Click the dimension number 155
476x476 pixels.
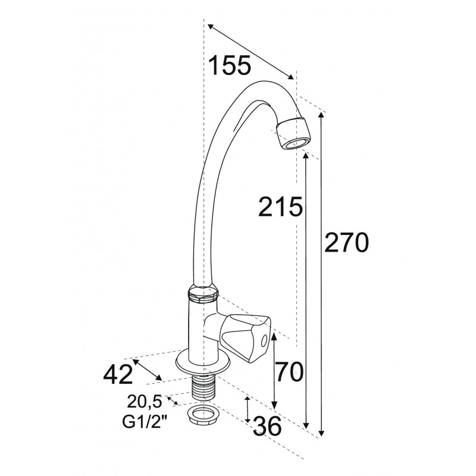coord(230,65)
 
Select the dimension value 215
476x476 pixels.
coord(280,206)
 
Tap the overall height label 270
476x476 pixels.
coord(346,242)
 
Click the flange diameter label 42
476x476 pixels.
coord(118,374)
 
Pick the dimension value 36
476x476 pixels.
coord(267,425)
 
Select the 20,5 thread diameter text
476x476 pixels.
coord(145,402)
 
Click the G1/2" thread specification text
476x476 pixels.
coord(145,422)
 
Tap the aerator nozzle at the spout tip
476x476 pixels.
coord(293,133)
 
